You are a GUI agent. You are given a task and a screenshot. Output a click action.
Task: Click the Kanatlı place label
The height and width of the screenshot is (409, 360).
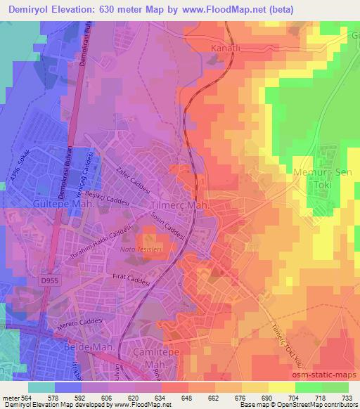[226, 48]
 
